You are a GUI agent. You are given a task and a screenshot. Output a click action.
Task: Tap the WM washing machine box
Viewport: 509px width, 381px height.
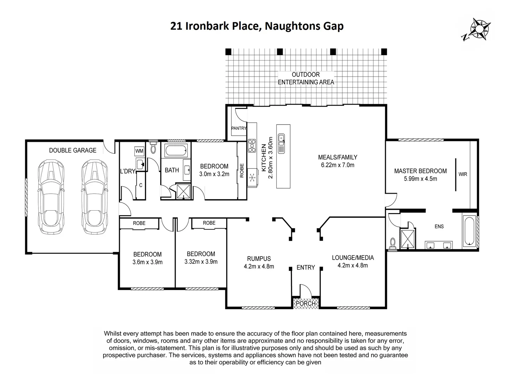(x=139, y=151)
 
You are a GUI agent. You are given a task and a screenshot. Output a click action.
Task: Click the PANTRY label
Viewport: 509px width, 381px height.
(x=239, y=128)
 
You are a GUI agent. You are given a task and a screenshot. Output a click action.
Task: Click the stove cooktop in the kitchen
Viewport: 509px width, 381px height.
(x=252, y=146)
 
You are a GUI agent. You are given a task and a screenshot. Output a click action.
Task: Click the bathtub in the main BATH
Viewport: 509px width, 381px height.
(x=176, y=151)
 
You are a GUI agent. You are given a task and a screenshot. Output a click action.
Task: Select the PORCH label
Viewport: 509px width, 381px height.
(x=305, y=303)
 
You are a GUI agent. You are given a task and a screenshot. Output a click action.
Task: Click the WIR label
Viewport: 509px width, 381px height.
(x=463, y=174)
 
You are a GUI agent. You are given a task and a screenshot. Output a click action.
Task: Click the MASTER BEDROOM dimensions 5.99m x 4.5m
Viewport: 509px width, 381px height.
(x=420, y=179)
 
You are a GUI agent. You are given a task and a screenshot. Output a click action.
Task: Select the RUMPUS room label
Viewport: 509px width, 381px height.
(x=259, y=259)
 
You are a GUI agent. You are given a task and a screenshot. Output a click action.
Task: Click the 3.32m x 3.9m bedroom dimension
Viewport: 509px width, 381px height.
(x=201, y=262)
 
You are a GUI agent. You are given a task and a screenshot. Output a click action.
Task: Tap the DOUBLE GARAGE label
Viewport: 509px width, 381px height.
(x=72, y=150)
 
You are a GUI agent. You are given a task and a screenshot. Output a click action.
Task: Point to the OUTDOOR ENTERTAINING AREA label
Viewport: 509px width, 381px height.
(x=306, y=78)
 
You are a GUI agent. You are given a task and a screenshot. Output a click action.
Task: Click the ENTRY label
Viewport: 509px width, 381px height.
(x=305, y=268)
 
